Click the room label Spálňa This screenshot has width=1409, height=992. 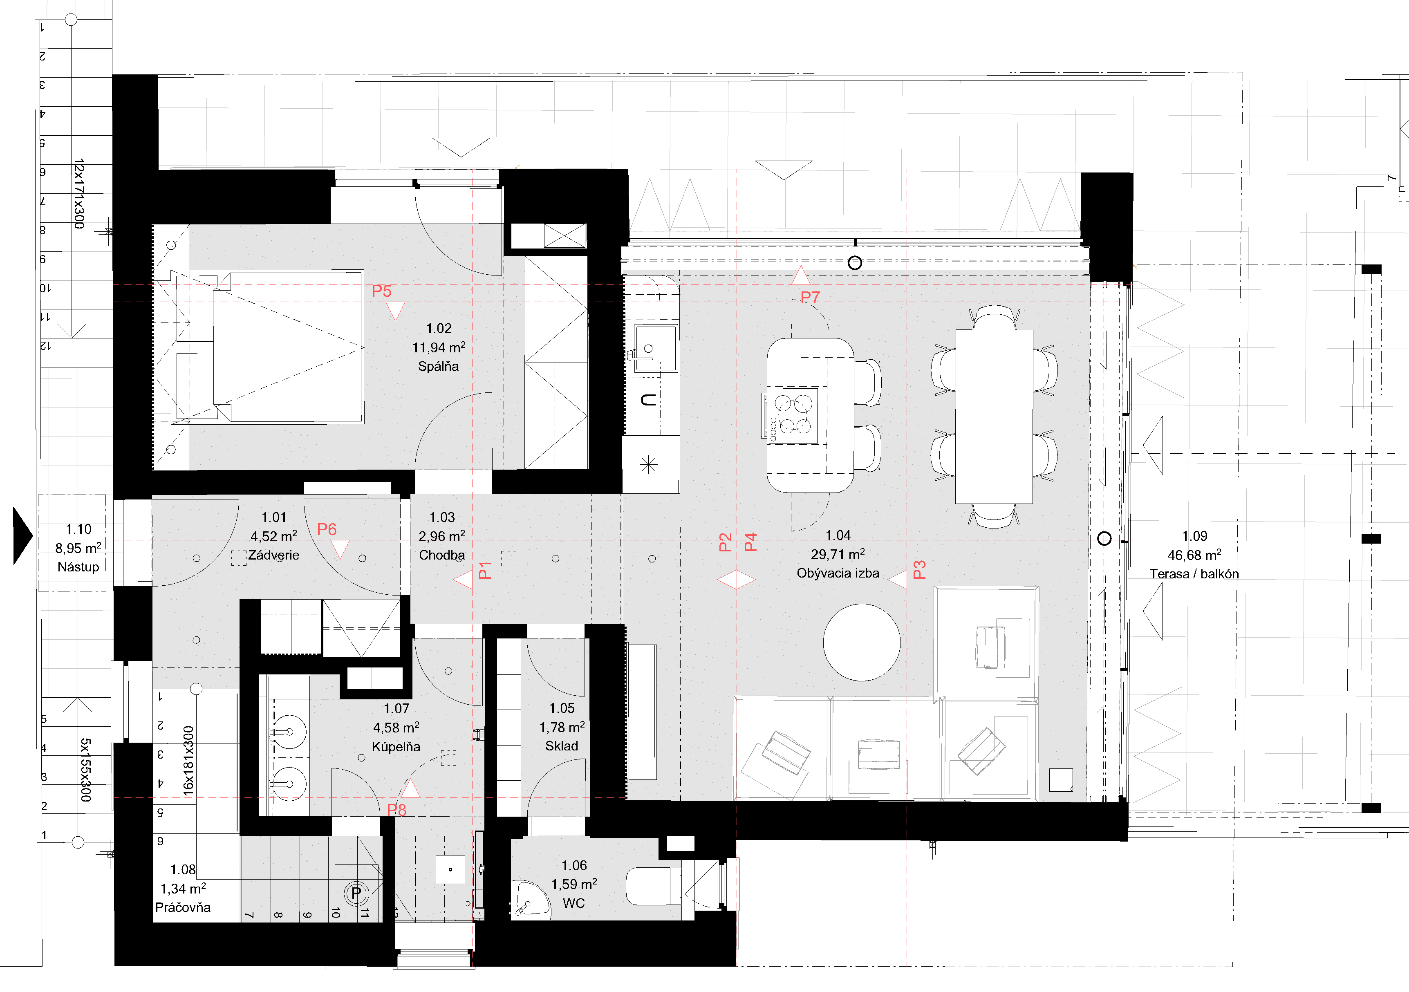click(438, 366)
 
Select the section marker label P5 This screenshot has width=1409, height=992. click(382, 291)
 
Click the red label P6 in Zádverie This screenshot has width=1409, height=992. click(327, 529)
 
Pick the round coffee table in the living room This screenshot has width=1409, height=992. click(862, 642)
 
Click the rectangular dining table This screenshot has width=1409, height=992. click(994, 417)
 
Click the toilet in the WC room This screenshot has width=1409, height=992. click(654, 886)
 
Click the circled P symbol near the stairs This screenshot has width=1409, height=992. click(356, 893)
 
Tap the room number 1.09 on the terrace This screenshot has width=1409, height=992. click(1194, 536)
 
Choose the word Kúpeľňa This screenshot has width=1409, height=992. click(396, 747)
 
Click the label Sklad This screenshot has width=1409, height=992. click(562, 746)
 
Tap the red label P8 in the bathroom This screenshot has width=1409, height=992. click(396, 810)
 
